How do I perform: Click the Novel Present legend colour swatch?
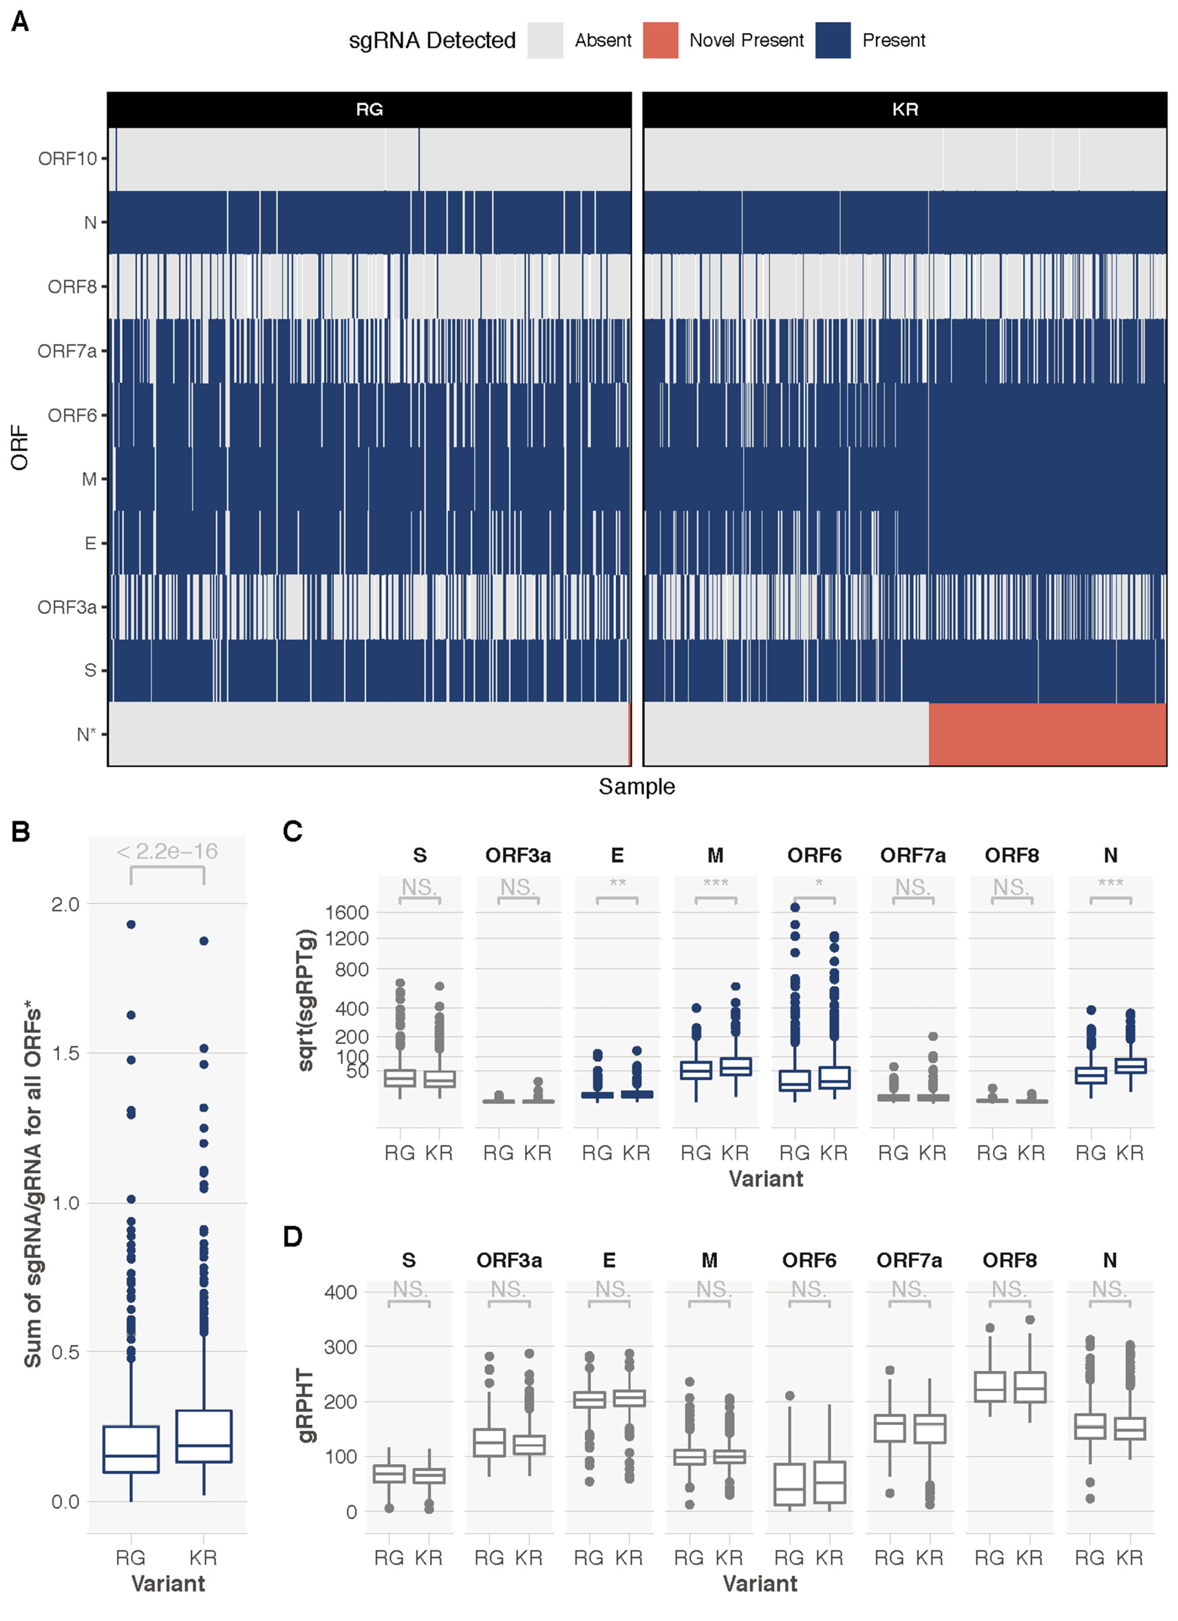point(659,40)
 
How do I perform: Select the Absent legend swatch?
point(544,40)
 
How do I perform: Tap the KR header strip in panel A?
point(904,109)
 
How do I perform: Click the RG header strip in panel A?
point(369,109)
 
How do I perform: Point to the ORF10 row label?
point(67,159)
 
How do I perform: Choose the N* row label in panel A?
point(86,734)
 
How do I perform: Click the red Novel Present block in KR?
point(1047,734)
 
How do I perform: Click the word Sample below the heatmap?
point(636,786)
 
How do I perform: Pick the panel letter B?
point(20,831)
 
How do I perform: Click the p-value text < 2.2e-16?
point(167,851)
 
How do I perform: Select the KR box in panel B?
point(204,1435)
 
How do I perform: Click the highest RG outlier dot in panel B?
point(131,924)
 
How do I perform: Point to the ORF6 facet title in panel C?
point(814,856)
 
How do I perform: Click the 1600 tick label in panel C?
point(347,912)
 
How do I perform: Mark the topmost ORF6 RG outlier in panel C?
point(794,908)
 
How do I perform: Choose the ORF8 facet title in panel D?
point(1009,1260)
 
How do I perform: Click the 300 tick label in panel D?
point(340,1346)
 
